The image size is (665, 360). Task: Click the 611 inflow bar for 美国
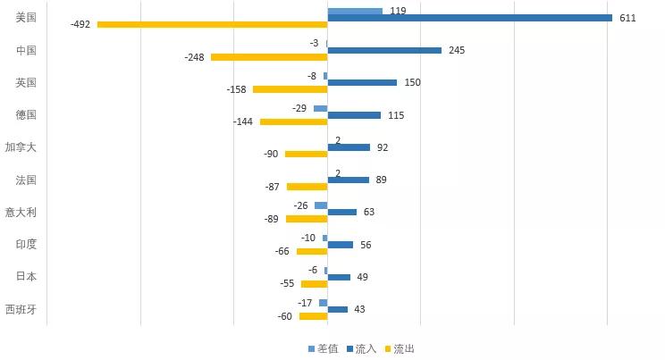pyautogui.click(x=469, y=18)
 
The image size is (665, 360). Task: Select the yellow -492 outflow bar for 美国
pyautogui.click(x=212, y=24)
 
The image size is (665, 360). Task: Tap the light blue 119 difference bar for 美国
pyautogui.click(x=355, y=11)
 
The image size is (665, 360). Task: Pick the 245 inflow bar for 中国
pyautogui.click(x=384, y=50)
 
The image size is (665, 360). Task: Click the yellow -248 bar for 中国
pyautogui.click(x=269, y=57)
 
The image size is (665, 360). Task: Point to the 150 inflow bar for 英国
pyautogui.click(x=362, y=82)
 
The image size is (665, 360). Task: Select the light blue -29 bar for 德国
pyautogui.click(x=320, y=108)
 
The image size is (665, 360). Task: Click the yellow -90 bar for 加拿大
pyautogui.click(x=306, y=154)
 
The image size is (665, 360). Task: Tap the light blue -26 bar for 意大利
pyautogui.click(x=321, y=205)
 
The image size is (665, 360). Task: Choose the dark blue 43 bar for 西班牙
pyautogui.click(x=337, y=309)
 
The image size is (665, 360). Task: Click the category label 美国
pyautogui.click(x=26, y=18)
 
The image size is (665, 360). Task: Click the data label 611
pyautogui.click(x=627, y=18)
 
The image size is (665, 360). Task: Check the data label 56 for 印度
pyautogui.click(x=366, y=245)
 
